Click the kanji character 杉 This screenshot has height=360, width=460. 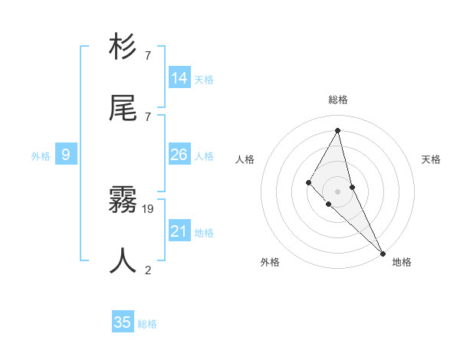[123, 47]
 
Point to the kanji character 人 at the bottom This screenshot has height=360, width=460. [123, 260]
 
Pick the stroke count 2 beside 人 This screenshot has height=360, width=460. [148, 269]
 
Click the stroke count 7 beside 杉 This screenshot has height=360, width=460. [148, 56]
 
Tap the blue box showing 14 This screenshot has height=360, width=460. [179, 77]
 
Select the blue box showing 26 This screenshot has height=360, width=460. [179, 155]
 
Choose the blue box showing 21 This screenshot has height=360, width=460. [179, 231]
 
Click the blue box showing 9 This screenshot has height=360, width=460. [66, 155]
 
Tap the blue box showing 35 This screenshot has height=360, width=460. [123, 322]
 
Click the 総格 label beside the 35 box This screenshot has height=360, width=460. [147, 324]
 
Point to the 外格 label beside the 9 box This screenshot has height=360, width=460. [41, 156]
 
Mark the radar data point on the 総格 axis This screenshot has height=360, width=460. [338, 130]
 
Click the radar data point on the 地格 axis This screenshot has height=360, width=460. [383, 253]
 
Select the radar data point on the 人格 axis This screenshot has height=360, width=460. [309, 182]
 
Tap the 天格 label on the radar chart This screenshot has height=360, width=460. [432, 159]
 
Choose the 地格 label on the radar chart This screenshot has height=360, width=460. [402, 262]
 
